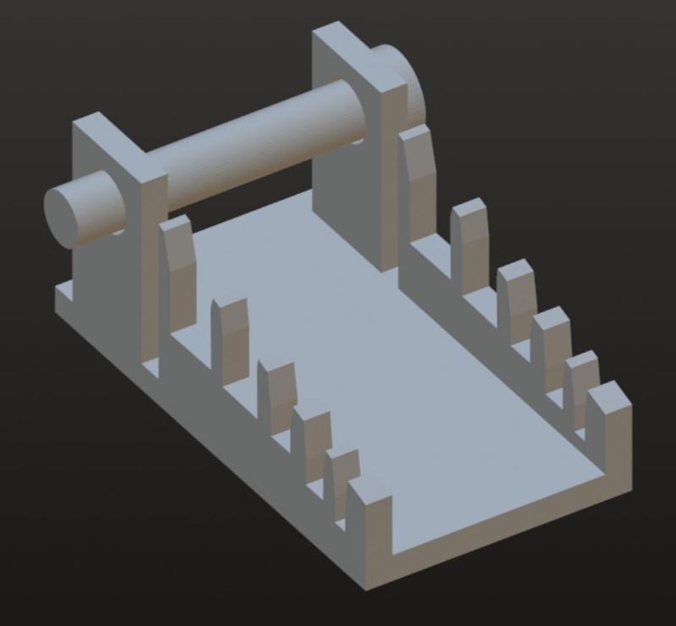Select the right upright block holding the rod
[x=355, y=144]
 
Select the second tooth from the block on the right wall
[x=470, y=245]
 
